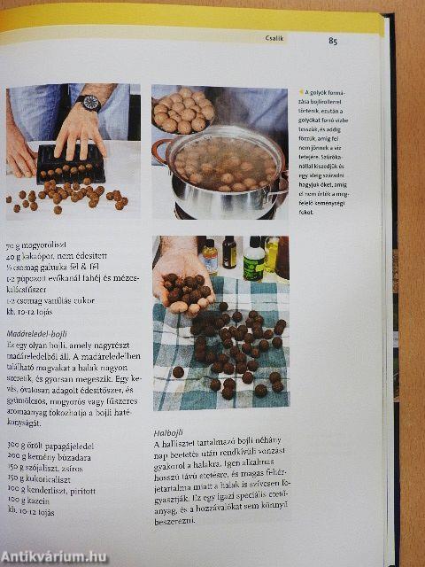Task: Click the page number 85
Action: click(x=332, y=39)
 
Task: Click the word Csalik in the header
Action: click(x=275, y=38)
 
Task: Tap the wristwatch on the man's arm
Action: click(x=88, y=102)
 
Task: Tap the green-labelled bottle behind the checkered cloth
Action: click(x=253, y=259)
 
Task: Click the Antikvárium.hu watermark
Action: click(x=55, y=555)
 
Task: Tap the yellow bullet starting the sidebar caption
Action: click(x=301, y=91)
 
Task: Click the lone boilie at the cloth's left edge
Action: click(x=177, y=372)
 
